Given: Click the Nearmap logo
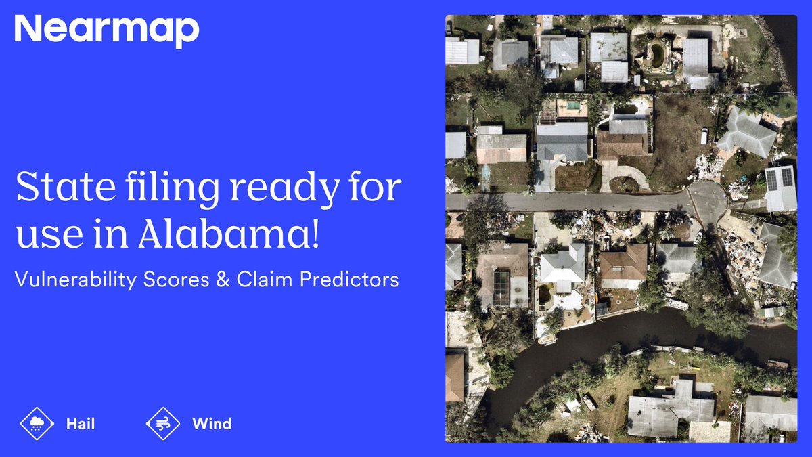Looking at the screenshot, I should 107,30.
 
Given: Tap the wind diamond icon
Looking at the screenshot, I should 162,424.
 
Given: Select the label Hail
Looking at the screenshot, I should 81,425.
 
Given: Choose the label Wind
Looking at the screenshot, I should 212,425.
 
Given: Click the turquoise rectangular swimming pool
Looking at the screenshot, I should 572,106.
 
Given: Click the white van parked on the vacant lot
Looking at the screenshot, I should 704,135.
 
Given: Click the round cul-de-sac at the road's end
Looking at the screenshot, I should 706,200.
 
